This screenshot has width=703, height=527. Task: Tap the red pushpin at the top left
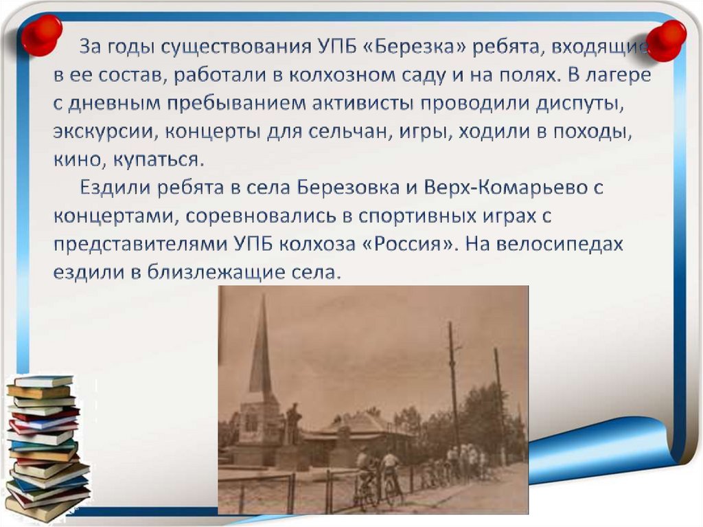pos(41,34)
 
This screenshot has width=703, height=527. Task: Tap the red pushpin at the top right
pos(666,40)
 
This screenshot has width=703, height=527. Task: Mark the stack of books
pos(48,447)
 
